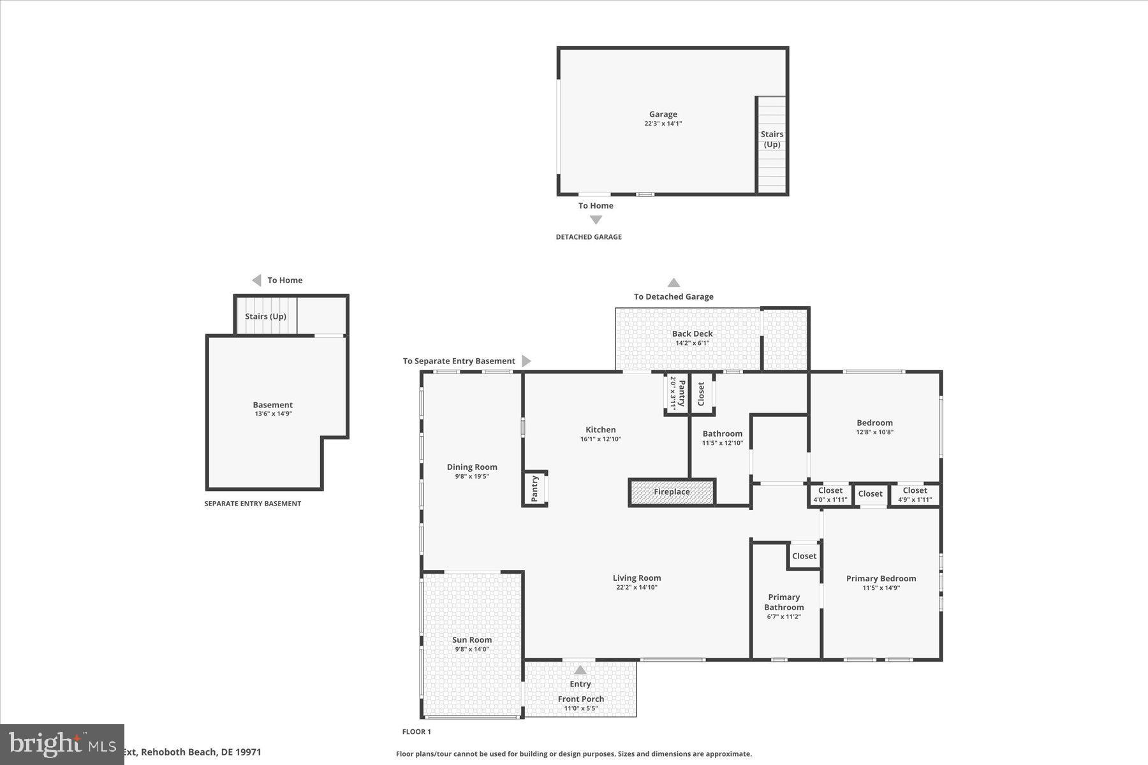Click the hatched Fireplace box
[x=672, y=492]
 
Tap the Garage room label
[x=663, y=115]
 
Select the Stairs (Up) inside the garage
[x=772, y=139]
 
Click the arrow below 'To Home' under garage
[x=596, y=220]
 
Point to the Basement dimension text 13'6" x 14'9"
[x=273, y=414]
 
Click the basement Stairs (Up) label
[x=265, y=316]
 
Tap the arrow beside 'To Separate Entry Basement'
[x=526, y=361]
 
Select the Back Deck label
[x=692, y=333]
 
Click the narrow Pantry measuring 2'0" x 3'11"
[x=677, y=393]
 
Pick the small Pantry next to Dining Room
[x=534, y=488]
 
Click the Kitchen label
[x=600, y=430]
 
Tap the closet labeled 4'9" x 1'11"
[x=915, y=494]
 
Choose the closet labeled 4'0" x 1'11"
[x=830, y=494]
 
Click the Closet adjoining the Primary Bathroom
[x=804, y=556]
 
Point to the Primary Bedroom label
[x=881, y=578]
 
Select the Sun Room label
[x=471, y=640]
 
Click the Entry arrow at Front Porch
[x=580, y=670]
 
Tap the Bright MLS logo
[x=62, y=744]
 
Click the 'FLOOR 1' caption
[x=416, y=732]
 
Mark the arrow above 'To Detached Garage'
[x=673, y=282]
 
